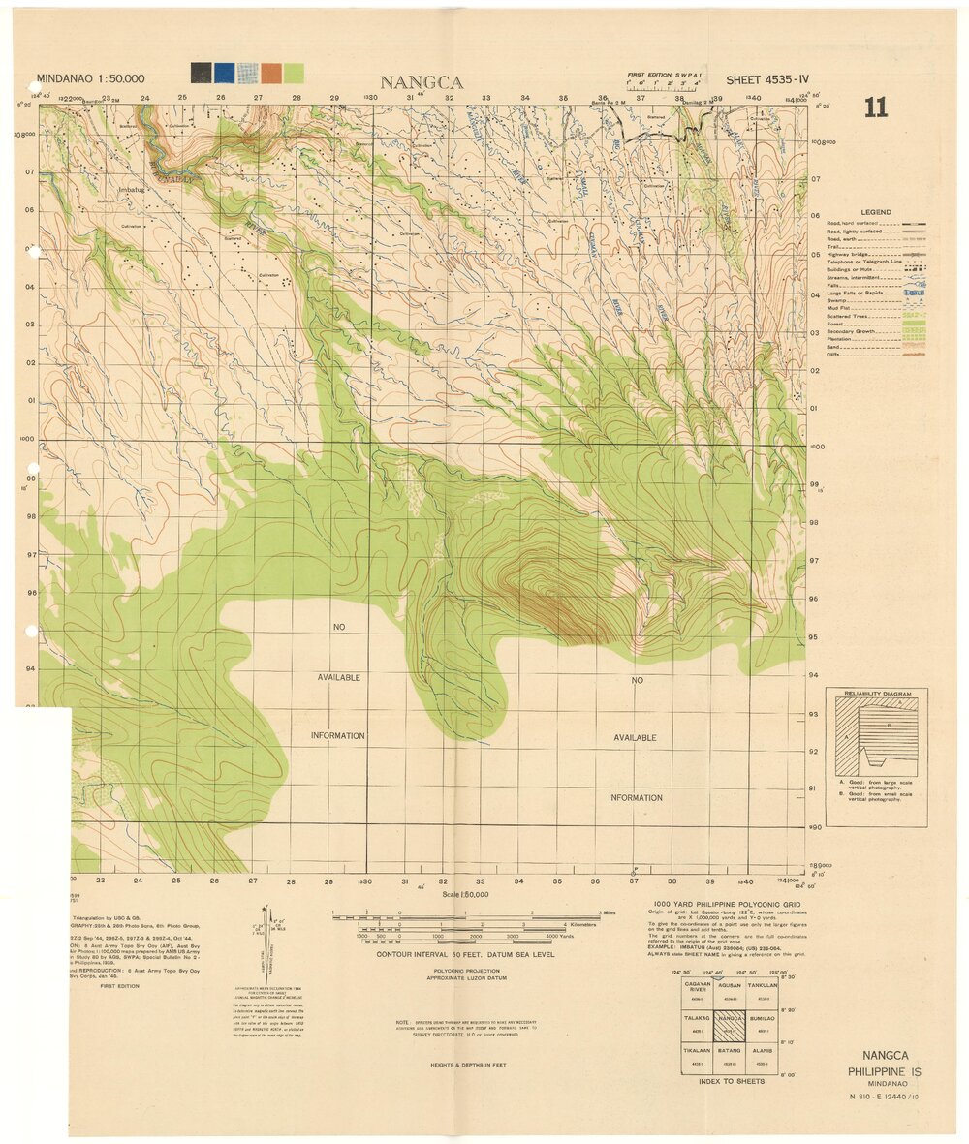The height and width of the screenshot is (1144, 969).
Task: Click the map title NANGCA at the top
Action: coord(422,82)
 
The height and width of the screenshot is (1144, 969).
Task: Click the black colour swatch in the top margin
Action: coord(201,73)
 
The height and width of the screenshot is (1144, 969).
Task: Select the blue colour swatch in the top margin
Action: coord(224,73)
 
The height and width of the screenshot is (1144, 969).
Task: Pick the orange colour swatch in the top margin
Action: coord(270,73)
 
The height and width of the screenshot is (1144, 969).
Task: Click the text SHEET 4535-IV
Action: coord(766,79)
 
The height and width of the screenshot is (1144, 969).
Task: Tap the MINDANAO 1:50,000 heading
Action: coord(90,78)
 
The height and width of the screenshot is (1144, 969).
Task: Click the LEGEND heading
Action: coord(874,212)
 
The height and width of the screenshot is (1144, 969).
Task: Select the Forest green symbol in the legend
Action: coord(914,324)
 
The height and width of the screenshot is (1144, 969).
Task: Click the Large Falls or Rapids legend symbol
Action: coord(914,293)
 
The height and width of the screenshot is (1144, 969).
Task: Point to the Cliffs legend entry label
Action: coord(834,355)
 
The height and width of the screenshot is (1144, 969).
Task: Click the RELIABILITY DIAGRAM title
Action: coord(876,695)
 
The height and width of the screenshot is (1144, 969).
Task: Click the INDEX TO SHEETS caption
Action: coord(730,1081)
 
